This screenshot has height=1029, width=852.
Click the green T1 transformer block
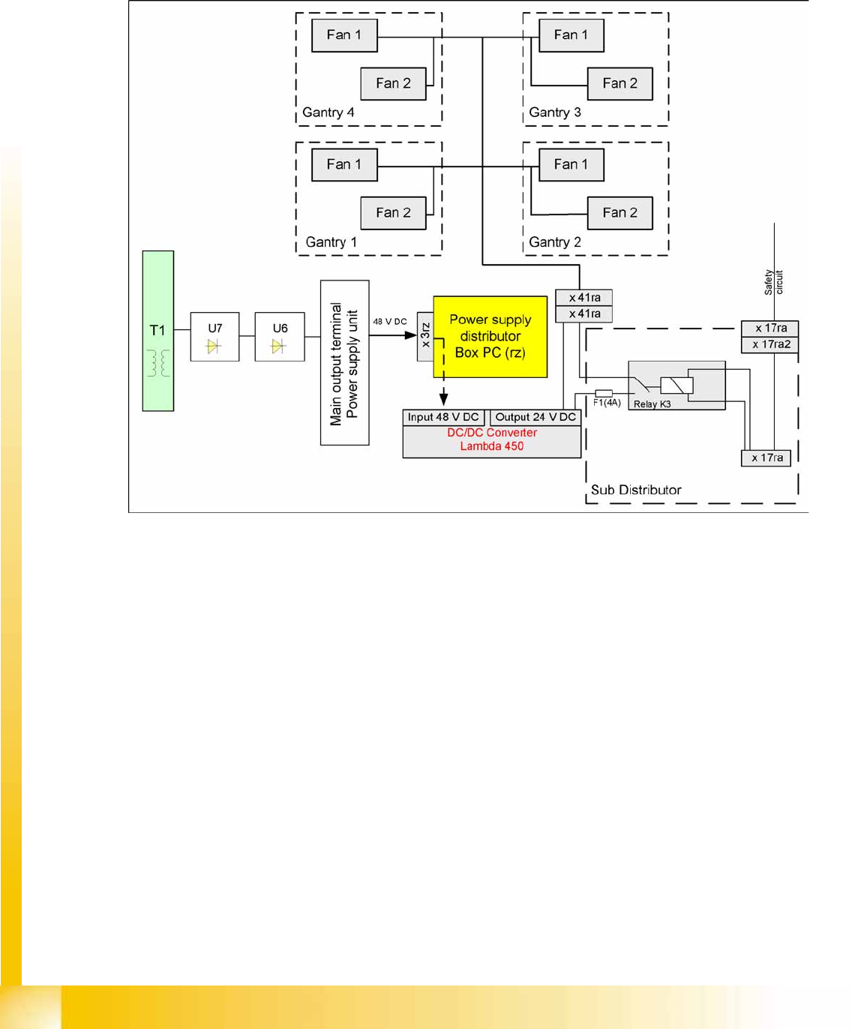click(157, 331)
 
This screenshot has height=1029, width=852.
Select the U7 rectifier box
click(214, 337)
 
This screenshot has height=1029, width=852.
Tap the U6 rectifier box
click(280, 337)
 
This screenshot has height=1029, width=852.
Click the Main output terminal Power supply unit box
click(344, 363)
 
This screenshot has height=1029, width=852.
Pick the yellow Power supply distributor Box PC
click(490, 336)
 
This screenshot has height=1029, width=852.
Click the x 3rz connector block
click(425, 335)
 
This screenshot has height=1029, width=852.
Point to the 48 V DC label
click(390, 321)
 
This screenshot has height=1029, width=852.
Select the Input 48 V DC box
click(443, 417)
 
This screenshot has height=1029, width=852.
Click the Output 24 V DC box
click(535, 417)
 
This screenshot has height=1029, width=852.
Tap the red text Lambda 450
click(492, 446)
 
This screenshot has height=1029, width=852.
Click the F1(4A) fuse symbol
click(604, 393)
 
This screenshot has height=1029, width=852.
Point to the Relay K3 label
click(652, 404)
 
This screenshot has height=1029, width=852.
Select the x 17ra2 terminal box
click(771, 344)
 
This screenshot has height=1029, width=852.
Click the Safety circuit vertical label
click(773, 282)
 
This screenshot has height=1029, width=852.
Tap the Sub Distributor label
click(636, 490)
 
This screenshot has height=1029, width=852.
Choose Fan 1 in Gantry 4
click(344, 35)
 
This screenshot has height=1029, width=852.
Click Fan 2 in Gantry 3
click(620, 83)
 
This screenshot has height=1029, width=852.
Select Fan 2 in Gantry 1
click(393, 213)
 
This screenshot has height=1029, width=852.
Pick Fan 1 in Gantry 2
click(571, 164)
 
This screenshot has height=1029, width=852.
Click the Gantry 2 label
click(555, 242)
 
